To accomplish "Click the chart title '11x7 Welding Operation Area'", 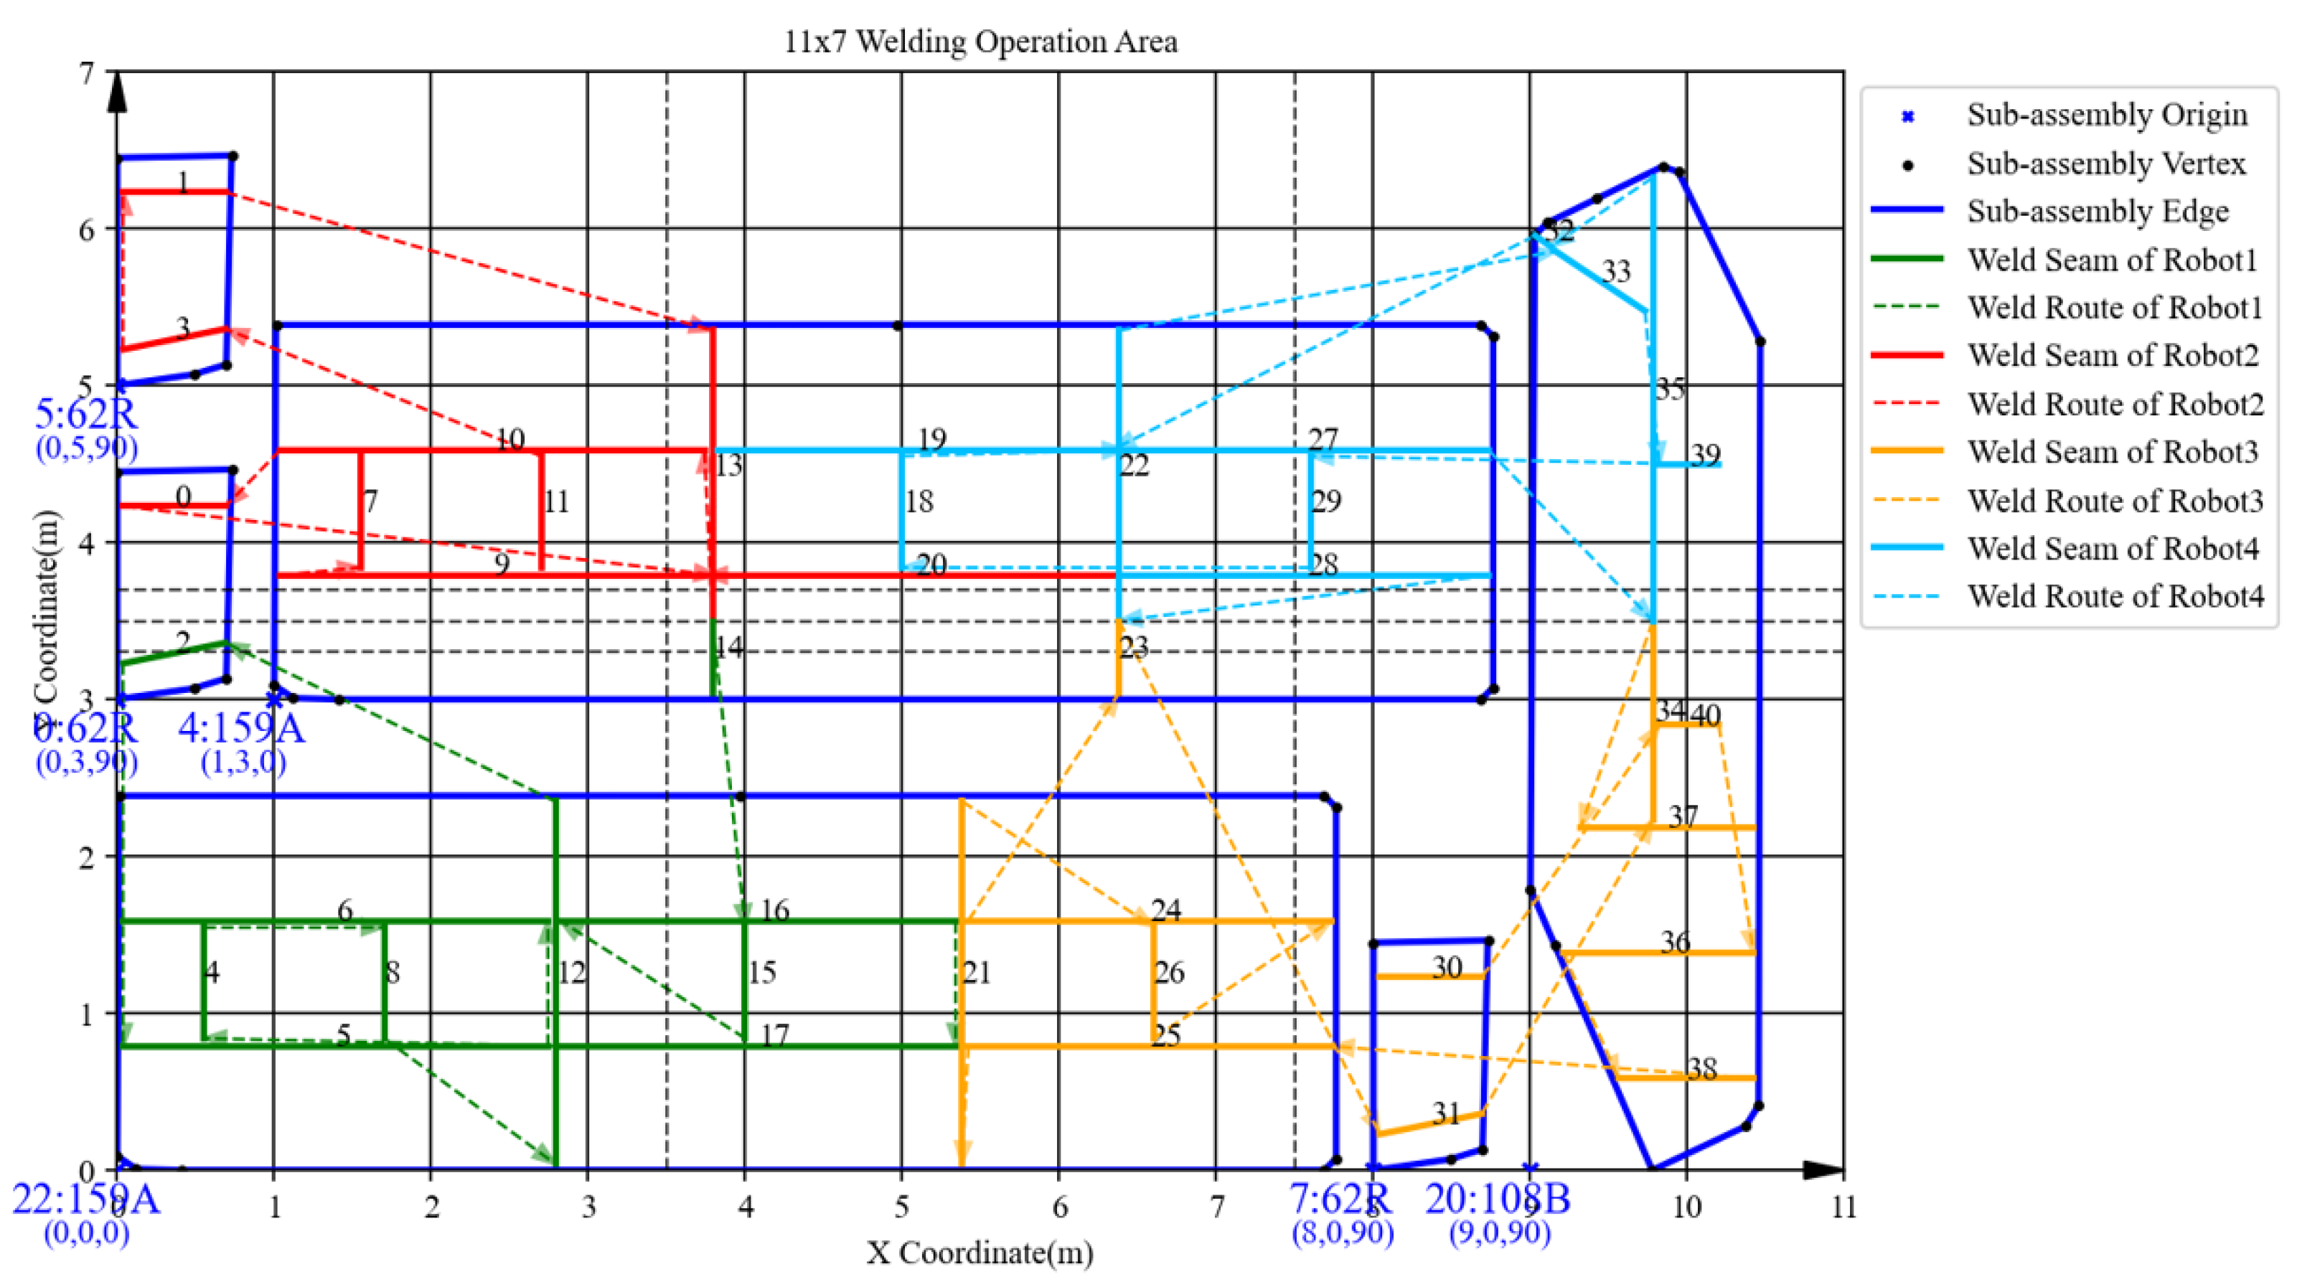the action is (x=980, y=41).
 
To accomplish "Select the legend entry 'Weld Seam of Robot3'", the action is (x=2113, y=452).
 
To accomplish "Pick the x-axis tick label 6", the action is (x=1059, y=1207).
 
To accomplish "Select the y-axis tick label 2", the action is (x=87, y=857).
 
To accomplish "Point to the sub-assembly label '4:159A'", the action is (x=241, y=729).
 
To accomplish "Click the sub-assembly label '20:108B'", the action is (x=1498, y=1199).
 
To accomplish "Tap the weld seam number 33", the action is (x=1616, y=271).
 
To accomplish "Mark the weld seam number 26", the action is (x=1169, y=971).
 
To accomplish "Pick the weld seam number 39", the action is (x=1706, y=455).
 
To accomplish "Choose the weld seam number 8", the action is (x=393, y=971).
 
